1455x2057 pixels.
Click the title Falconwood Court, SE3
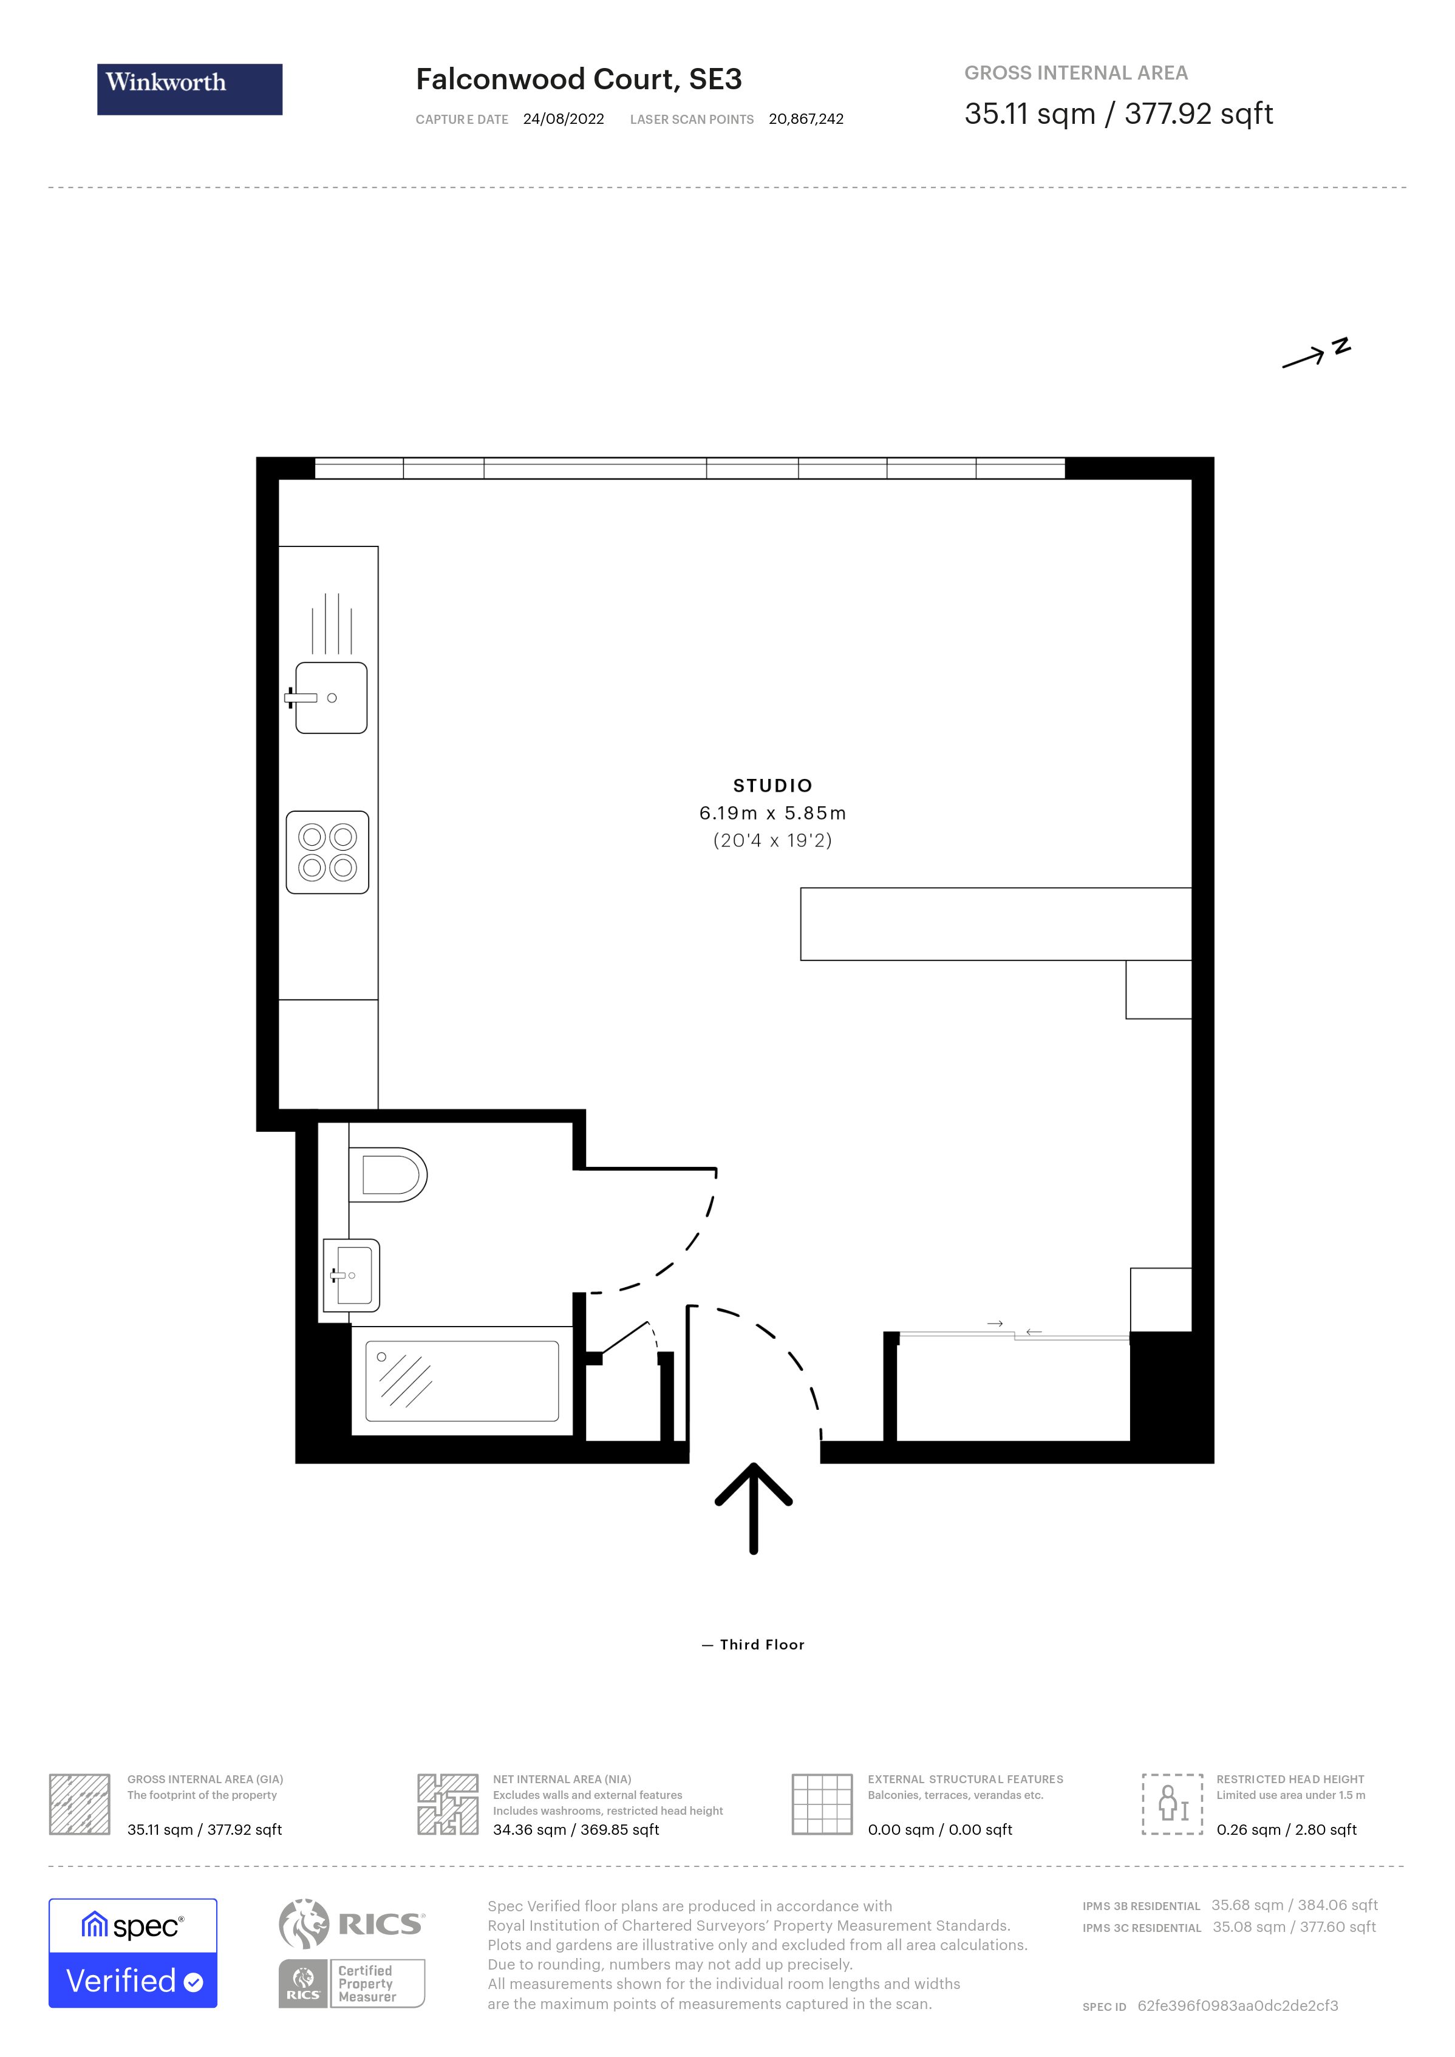[x=578, y=80]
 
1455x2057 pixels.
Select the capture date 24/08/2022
[x=564, y=119]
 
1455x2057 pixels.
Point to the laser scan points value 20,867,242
[x=805, y=119]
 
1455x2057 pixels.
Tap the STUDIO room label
[x=772, y=786]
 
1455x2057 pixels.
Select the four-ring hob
[x=327, y=852]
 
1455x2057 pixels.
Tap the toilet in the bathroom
[x=392, y=1175]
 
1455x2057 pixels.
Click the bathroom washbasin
[x=352, y=1275]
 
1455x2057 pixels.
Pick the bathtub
[x=462, y=1381]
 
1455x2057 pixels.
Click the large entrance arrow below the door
[x=754, y=1509]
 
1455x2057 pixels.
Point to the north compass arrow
[x=1314, y=355]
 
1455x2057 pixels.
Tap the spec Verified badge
[x=132, y=1953]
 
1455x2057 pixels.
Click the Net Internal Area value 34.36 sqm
[x=575, y=1829]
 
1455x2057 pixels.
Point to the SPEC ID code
[x=1237, y=2006]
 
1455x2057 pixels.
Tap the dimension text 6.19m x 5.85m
[x=772, y=814]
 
